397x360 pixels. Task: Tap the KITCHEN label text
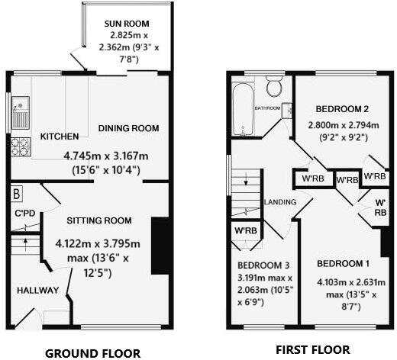(x=60, y=137)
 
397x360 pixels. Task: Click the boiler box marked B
(x=17, y=191)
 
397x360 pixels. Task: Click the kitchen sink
(x=20, y=113)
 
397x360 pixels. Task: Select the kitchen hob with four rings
(x=19, y=144)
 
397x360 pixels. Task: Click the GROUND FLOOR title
(x=92, y=352)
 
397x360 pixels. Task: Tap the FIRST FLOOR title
(x=313, y=350)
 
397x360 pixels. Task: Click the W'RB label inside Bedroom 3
(x=245, y=230)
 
